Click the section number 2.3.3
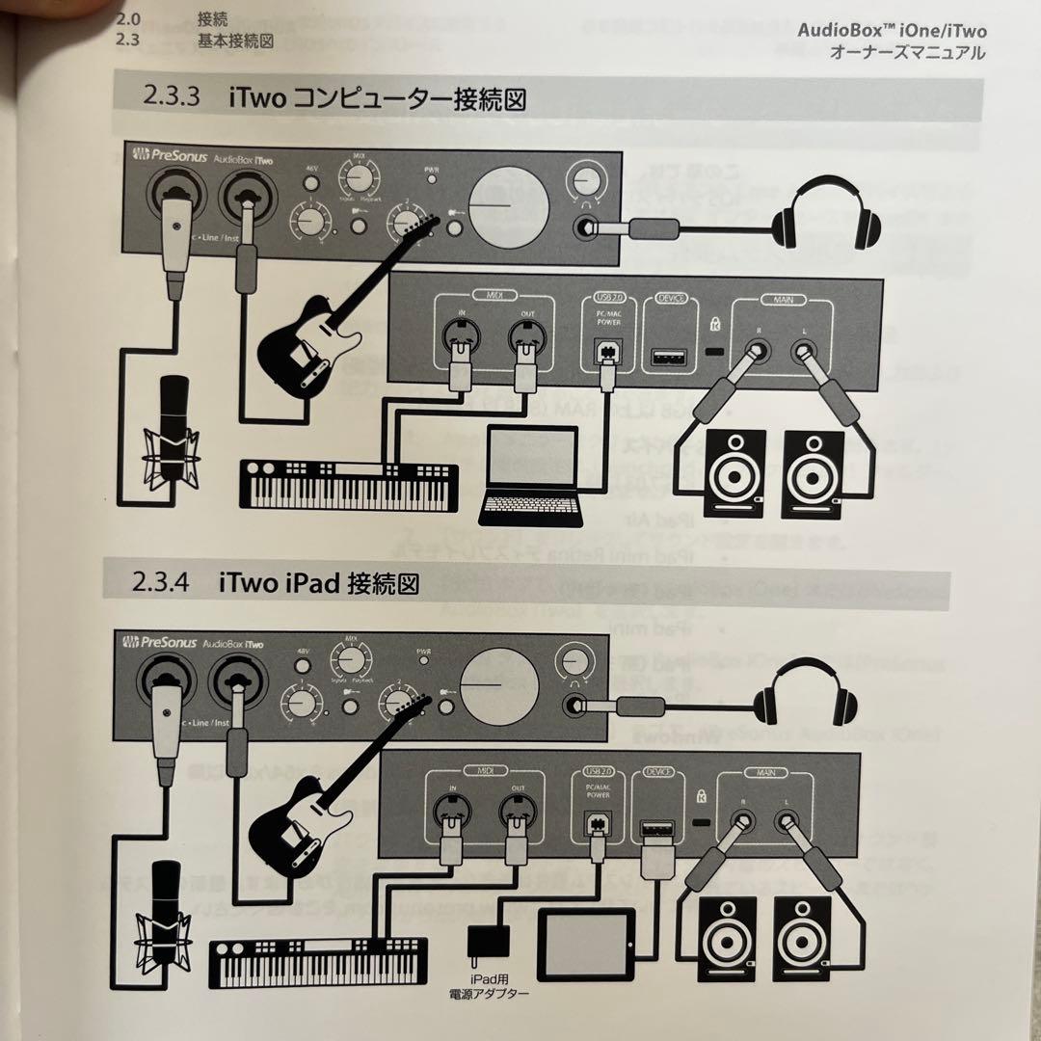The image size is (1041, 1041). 172,97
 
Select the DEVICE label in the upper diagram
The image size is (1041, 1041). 670,299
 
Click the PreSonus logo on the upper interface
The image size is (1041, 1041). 172,154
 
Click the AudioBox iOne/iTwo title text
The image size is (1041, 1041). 893,30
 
